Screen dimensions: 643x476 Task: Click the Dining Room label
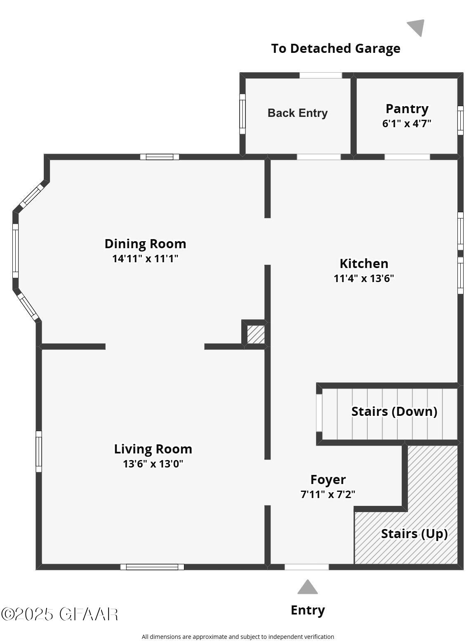(145, 244)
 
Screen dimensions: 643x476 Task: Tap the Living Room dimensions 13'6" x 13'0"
(153, 464)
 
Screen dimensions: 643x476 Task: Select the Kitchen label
(364, 263)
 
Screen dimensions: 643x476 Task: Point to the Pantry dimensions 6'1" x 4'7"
(407, 123)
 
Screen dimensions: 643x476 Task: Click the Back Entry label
(297, 113)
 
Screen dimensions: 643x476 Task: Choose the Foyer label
(328, 479)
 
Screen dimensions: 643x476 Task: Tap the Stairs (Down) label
(394, 411)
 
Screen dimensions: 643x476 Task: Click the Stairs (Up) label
(414, 534)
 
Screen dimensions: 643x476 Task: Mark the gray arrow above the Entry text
(308, 587)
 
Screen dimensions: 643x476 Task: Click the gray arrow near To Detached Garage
(417, 27)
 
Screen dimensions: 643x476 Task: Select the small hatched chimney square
(256, 335)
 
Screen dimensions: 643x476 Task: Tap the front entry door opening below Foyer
(306, 567)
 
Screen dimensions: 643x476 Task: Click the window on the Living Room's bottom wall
(152, 567)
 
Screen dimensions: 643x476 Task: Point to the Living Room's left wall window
(39, 451)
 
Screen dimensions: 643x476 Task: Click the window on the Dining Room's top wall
(160, 157)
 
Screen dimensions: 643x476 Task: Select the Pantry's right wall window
(460, 120)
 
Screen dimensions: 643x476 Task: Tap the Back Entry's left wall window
(243, 114)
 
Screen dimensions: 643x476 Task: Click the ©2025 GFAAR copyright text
(59, 614)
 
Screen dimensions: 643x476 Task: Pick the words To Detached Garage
(335, 48)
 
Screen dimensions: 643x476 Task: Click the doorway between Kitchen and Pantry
(407, 157)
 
